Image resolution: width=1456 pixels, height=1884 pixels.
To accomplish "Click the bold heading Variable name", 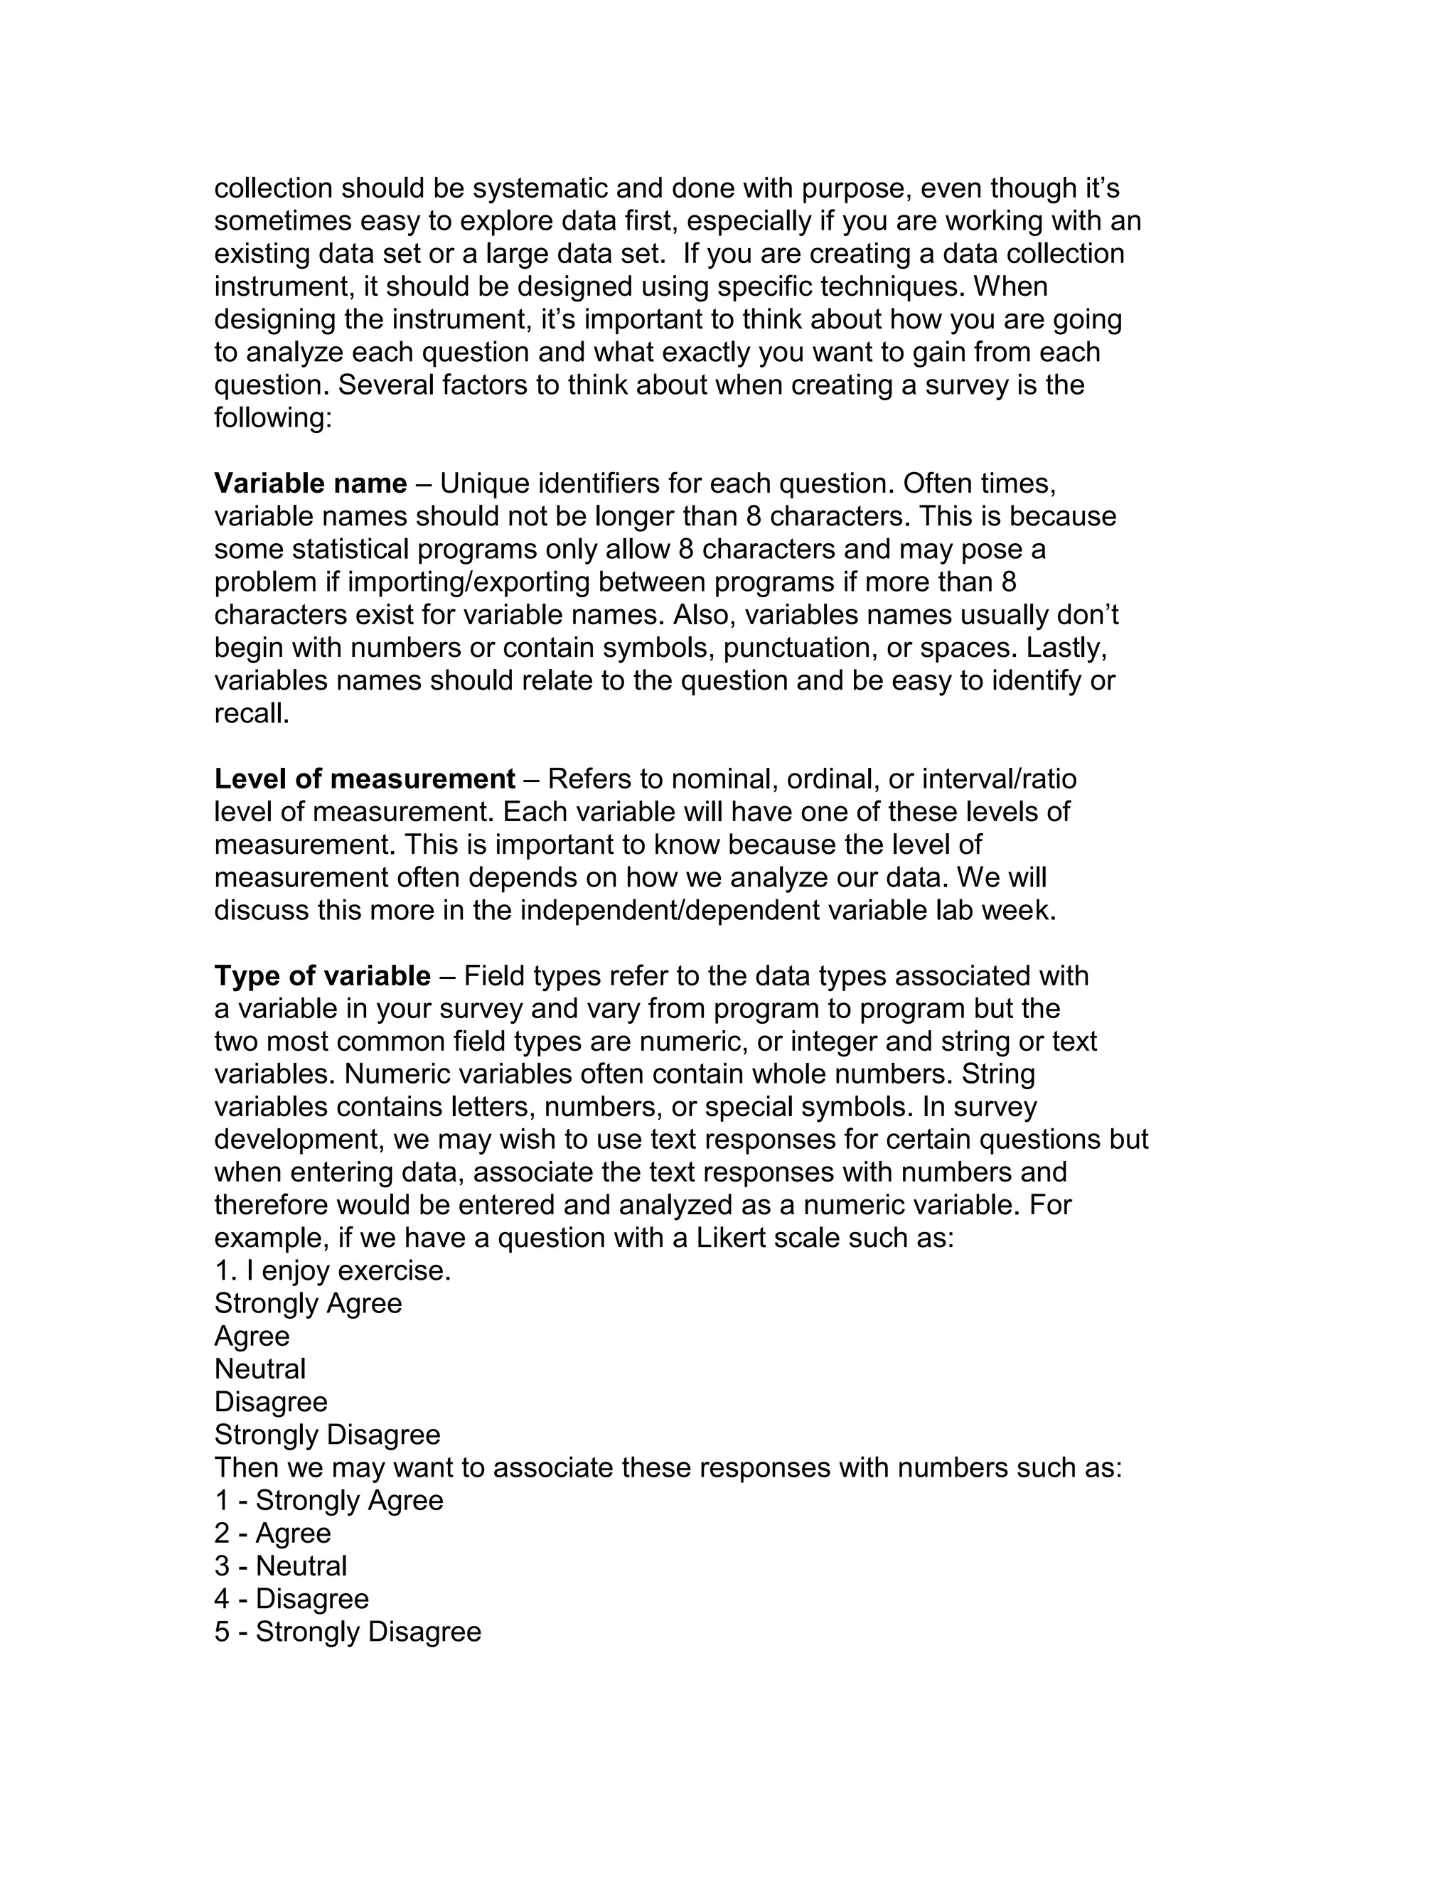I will click(310, 483).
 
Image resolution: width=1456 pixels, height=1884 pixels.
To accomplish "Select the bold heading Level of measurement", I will click(364, 779).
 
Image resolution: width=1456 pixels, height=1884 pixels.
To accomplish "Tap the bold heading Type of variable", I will click(322, 975).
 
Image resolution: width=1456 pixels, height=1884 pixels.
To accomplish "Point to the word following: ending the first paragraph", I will click(272, 417).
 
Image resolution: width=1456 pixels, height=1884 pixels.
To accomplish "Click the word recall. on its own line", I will click(252, 713).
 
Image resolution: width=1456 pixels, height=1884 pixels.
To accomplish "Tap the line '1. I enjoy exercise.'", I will click(332, 1270).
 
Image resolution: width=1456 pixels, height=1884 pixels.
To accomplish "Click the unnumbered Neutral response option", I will click(259, 1369).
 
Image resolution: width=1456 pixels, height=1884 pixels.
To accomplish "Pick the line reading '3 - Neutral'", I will click(280, 1565).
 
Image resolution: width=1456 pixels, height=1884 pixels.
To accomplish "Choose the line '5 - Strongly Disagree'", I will click(348, 1631).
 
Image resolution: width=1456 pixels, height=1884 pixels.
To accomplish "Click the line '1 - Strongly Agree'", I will click(328, 1500).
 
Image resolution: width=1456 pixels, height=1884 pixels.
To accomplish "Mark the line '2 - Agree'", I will click(272, 1533).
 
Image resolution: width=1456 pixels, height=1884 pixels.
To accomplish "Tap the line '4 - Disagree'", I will click(291, 1598).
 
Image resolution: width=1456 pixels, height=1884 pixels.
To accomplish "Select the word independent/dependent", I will click(669, 910).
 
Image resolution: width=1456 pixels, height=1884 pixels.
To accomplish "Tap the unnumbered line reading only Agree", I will click(252, 1337).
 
